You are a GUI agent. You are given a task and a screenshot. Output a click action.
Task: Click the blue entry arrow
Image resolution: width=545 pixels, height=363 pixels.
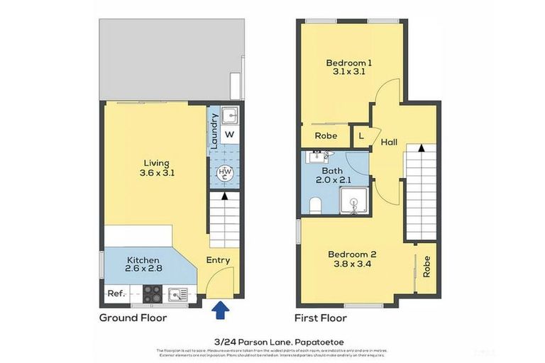click(x=221, y=308)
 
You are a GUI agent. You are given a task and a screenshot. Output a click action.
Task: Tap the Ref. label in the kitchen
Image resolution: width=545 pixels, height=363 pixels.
click(x=116, y=294)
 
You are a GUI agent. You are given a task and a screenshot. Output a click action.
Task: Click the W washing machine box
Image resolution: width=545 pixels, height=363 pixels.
click(x=229, y=134)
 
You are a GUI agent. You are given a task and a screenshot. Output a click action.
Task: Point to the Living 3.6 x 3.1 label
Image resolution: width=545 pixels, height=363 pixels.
click(x=158, y=167)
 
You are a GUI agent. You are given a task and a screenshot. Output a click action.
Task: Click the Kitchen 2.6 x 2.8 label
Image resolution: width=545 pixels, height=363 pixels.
click(x=144, y=265)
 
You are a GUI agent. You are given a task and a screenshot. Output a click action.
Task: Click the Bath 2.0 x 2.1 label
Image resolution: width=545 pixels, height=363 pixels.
click(x=332, y=176)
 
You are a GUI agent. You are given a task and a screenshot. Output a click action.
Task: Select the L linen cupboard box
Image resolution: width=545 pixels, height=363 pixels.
click(x=361, y=135)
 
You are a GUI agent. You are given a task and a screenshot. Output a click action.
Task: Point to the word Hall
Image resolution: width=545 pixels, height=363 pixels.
click(x=388, y=142)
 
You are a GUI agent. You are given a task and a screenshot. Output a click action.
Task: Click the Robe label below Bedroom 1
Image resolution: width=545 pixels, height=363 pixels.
click(x=325, y=135)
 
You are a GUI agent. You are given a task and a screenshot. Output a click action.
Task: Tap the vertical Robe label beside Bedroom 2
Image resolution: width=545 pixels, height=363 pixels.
click(x=426, y=265)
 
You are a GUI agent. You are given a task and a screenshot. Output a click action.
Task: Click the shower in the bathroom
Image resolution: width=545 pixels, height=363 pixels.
click(x=354, y=201)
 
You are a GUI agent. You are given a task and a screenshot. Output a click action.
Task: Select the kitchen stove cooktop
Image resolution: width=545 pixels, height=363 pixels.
click(x=153, y=293)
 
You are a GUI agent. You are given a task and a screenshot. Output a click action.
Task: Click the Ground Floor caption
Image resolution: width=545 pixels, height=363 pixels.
click(x=133, y=318)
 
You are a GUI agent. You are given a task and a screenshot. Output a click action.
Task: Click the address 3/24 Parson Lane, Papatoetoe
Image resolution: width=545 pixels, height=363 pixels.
click(x=272, y=340)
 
